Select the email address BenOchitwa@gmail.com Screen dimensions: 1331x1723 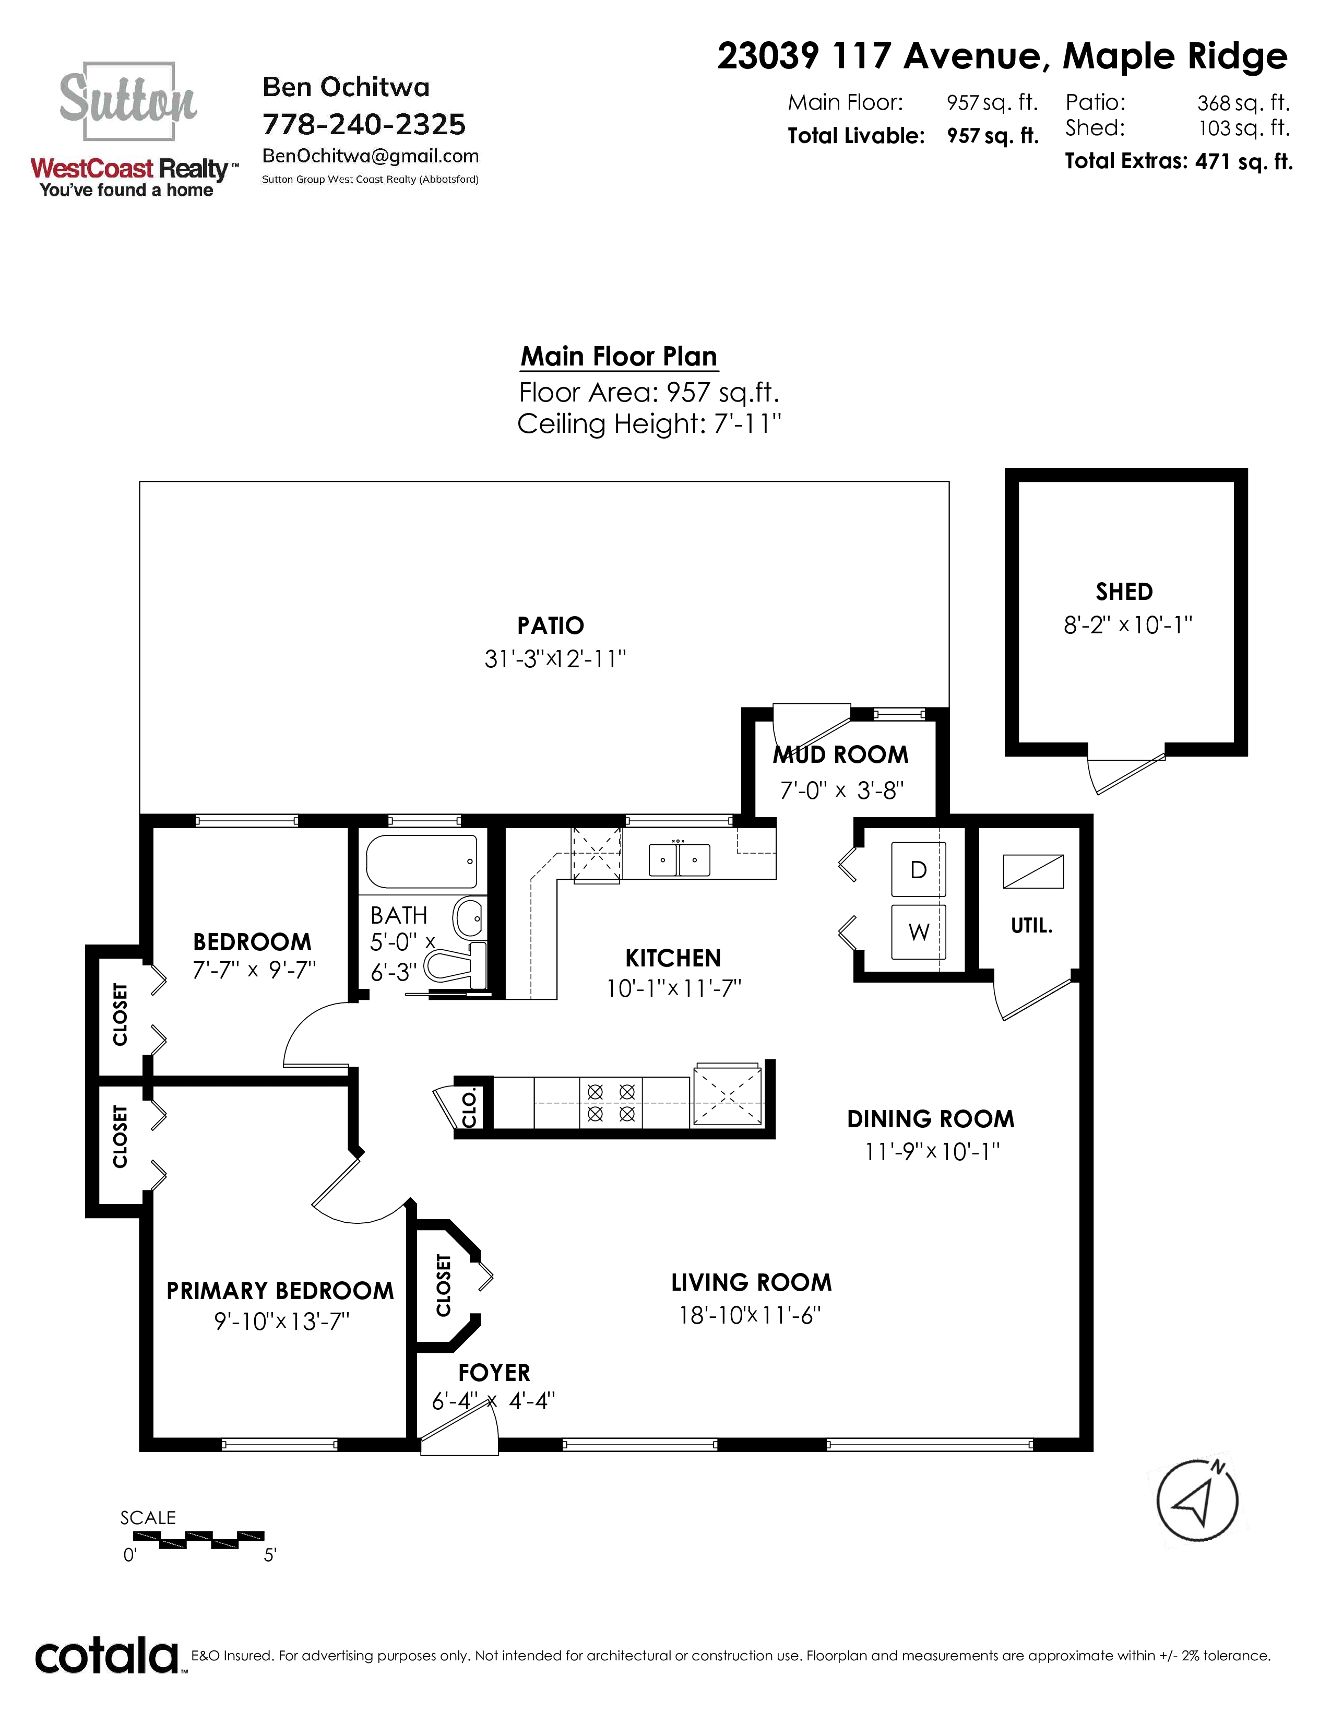pos(371,156)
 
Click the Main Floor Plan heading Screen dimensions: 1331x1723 pos(619,357)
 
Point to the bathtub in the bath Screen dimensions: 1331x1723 pos(422,861)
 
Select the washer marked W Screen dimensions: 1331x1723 pos(918,931)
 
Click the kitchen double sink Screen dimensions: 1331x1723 pos(679,860)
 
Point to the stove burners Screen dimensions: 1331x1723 pos(611,1103)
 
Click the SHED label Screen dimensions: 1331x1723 pos(1124,592)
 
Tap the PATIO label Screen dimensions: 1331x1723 pos(550,626)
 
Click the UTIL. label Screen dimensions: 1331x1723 pos(1031,925)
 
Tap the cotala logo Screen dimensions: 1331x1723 pos(107,1657)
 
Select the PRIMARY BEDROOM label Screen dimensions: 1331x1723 pos(280,1291)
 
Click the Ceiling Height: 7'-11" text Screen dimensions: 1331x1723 pos(649,424)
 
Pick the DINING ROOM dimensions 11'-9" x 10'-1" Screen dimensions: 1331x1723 pos(932,1152)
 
